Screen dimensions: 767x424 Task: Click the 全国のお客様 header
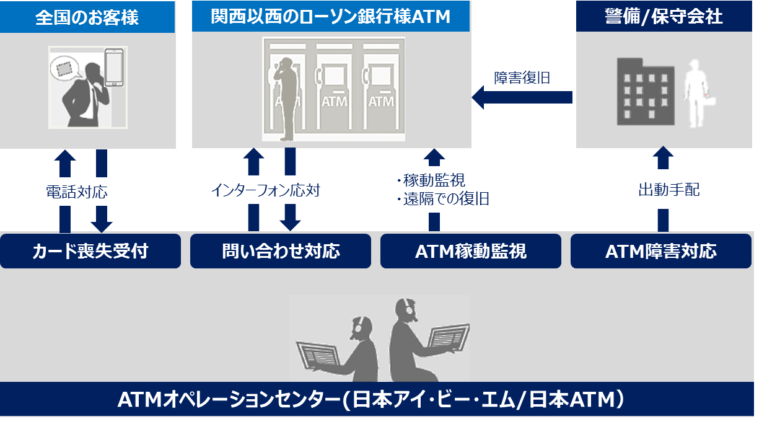point(87,17)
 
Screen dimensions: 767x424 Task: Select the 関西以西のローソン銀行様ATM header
point(331,17)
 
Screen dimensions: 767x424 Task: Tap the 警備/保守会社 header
point(664,17)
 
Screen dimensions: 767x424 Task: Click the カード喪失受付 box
point(90,251)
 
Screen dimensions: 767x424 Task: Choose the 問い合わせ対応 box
point(281,251)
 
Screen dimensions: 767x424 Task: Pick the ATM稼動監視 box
point(471,251)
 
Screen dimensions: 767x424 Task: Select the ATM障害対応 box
point(661,251)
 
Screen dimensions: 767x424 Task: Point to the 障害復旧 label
point(522,78)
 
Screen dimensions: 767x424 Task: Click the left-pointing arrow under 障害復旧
point(522,97)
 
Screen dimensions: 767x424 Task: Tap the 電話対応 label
point(77,192)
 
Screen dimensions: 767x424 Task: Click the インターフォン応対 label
point(266,190)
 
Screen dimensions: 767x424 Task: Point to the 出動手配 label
point(668,190)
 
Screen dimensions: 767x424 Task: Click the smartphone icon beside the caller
point(114,68)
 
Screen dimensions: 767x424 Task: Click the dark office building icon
point(646,92)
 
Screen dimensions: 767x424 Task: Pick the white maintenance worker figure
point(698,94)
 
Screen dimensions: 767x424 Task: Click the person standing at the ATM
point(286,99)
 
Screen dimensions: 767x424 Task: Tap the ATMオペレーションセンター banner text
point(371,399)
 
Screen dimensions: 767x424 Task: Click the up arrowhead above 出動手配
point(664,157)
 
